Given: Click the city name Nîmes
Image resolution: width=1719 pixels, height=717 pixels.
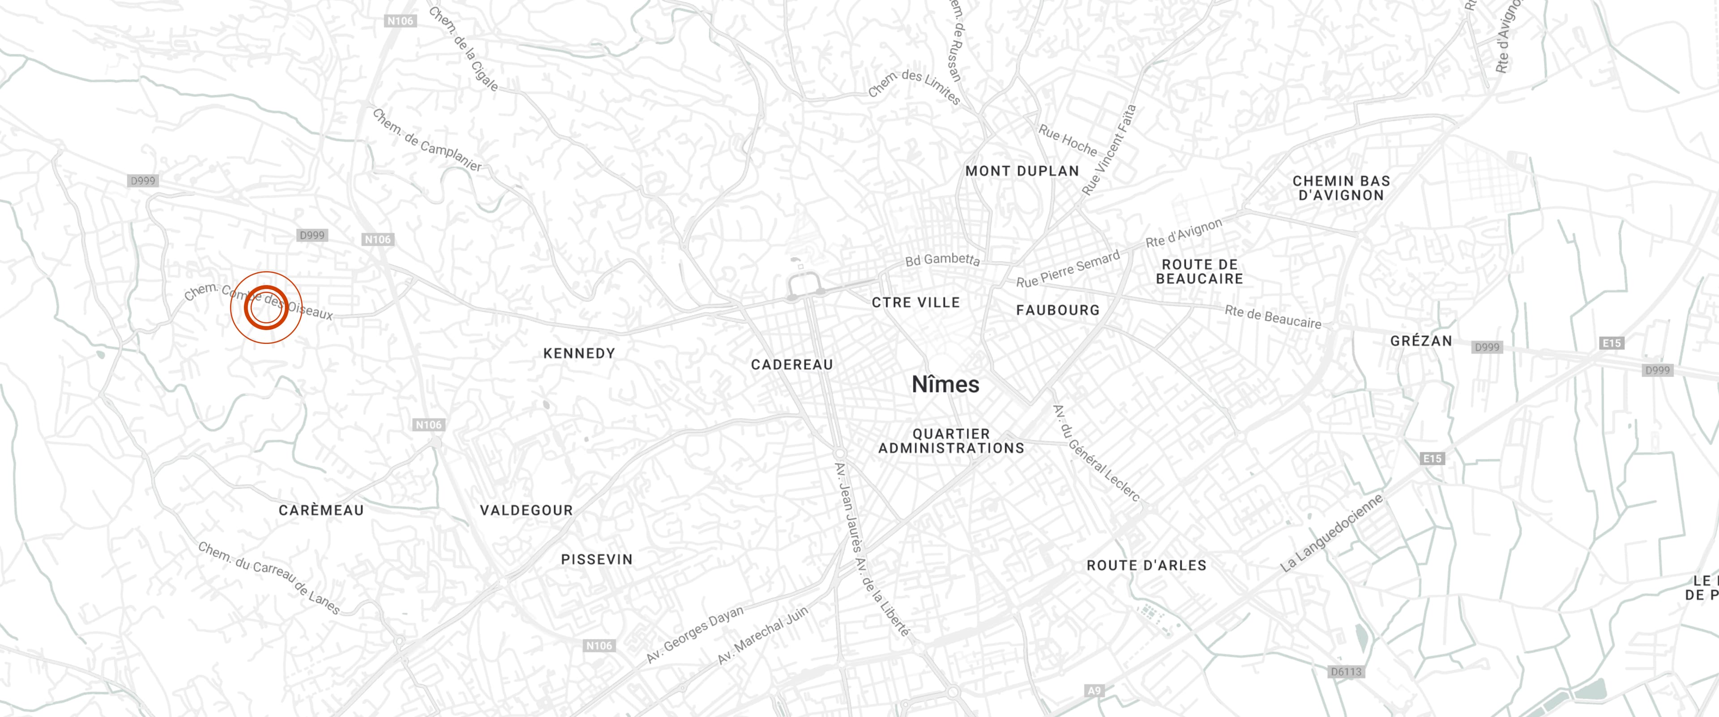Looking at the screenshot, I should (945, 385).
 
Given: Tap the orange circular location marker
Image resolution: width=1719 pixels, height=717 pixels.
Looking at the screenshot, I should (266, 308).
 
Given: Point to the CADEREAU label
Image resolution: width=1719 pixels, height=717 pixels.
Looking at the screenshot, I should (792, 365).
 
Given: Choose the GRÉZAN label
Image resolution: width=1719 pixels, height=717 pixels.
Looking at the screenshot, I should (1421, 340).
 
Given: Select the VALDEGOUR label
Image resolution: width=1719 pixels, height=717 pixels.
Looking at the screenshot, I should (526, 510).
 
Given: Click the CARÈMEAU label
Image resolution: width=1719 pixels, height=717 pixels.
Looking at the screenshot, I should (321, 510).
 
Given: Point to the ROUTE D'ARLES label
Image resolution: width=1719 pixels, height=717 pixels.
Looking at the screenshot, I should (1146, 566).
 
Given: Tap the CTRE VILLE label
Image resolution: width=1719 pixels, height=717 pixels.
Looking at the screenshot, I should (915, 302).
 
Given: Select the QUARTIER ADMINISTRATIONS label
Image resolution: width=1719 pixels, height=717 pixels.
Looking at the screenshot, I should (951, 441).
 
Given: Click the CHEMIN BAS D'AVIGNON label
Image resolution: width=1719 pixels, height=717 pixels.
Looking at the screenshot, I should (1341, 188).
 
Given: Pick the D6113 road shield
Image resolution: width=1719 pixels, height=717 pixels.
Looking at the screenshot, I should (1345, 672).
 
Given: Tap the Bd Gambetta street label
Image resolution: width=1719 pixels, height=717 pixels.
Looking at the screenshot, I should (942, 260).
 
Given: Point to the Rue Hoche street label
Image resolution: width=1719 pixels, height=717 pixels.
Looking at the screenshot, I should (1068, 140).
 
